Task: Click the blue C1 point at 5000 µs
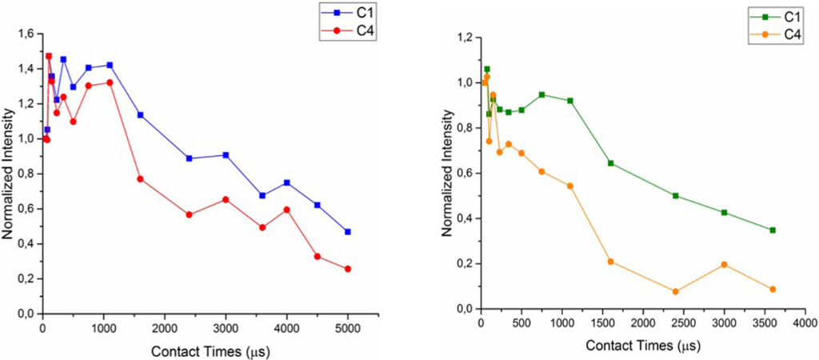point(348,231)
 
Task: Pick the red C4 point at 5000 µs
point(348,269)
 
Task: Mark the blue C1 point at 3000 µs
point(226,155)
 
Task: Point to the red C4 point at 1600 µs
point(140,178)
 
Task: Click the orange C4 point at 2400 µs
point(675,291)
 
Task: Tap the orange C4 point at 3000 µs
point(724,265)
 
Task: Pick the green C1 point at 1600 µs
point(610,163)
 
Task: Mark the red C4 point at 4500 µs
point(318,257)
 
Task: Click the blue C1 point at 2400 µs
point(189,158)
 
